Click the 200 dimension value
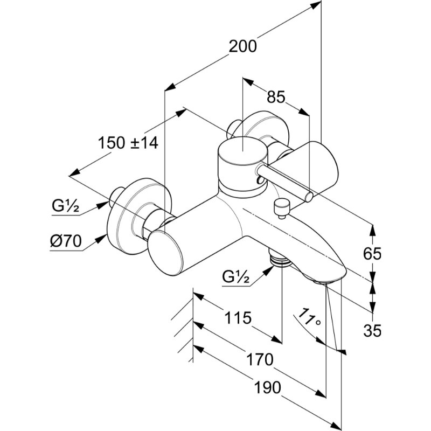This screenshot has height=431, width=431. click(x=242, y=47)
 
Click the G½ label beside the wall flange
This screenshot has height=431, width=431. click(x=66, y=206)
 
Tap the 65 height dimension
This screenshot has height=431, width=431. click(x=372, y=253)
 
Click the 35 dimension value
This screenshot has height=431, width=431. click(x=372, y=330)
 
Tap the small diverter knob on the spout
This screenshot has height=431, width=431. click(x=281, y=206)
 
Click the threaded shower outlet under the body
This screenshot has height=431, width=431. click(x=279, y=261)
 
